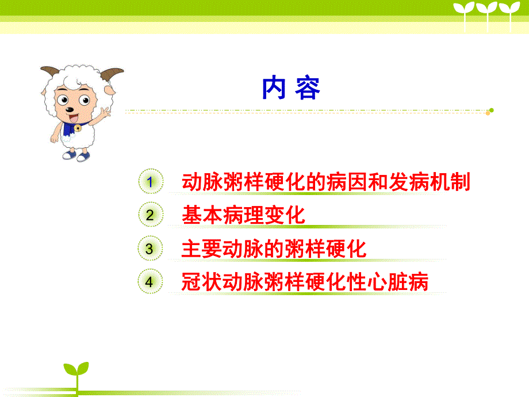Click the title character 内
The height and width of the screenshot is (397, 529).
point(274,88)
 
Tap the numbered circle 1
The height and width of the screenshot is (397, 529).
point(149,182)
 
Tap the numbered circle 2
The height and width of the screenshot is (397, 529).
point(149,216)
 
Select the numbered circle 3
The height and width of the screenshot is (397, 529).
point(149,249)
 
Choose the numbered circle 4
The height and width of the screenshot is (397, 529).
point(149,283)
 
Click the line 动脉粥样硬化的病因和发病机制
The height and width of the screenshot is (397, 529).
point(325,182)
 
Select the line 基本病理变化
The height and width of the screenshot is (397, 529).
point(243,216)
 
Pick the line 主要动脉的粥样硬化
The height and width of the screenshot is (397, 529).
point(274,249)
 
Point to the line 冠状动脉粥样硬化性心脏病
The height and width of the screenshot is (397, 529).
point(305,283)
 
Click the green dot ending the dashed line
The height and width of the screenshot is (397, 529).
point(492,109)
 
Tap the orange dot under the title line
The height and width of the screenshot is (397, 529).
point(488,113)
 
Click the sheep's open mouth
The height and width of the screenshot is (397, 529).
point(72,113)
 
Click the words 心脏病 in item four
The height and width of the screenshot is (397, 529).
point(406,283)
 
